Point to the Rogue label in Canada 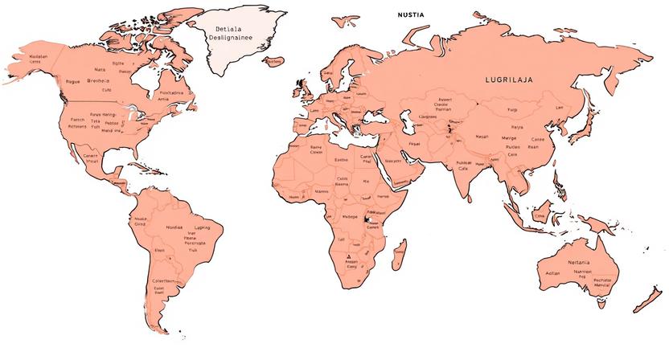click(x=73, y=81)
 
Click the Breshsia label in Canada click(x=98, y=80)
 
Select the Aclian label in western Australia click(x=552, y=273)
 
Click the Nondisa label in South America click(x=174, y=227)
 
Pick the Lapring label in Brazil click(x=203, y=227)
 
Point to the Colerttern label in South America click(x=163, y=280)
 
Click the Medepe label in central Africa click(x=350, y=216)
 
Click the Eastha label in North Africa click(x=341, y=160)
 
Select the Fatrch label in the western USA click(x=77, y=120)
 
